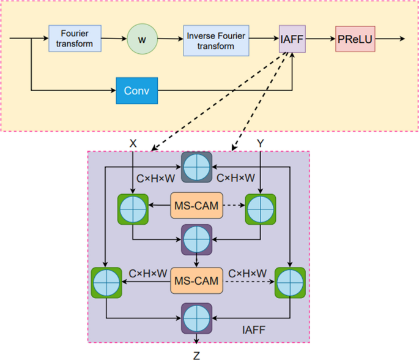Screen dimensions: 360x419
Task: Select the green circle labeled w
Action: click(142, 39)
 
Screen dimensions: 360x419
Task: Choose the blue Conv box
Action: click(136, 91)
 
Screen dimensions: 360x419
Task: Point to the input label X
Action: click(133, 143)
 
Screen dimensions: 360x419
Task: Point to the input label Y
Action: click(261, 143)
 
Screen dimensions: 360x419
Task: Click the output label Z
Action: click(196, 354)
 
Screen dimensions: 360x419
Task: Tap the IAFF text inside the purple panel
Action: click(253, 330)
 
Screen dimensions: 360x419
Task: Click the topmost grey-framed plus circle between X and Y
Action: click(196, 167)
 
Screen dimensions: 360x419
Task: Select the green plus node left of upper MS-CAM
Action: click(133, 209)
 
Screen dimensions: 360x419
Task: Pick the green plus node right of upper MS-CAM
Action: click(261, 209)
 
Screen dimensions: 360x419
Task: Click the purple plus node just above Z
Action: click(196, 318)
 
